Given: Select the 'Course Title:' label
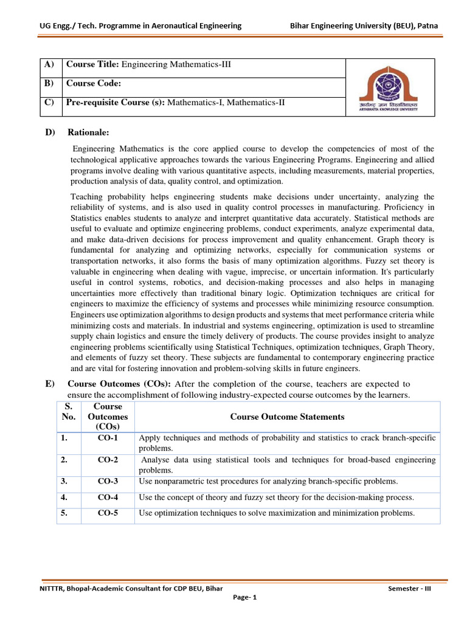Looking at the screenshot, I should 93,64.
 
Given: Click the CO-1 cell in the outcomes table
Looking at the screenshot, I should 108,437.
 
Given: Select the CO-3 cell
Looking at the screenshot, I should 108,481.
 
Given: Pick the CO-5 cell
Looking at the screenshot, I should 108,513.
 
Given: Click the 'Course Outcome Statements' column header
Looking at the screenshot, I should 287,417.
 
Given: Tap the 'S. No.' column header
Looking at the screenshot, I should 69,411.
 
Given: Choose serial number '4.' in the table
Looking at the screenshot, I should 64,497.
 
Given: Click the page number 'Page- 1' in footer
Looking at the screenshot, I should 246,597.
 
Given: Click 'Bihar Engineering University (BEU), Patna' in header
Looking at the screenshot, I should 364,26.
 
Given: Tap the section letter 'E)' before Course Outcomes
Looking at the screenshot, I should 50,384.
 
